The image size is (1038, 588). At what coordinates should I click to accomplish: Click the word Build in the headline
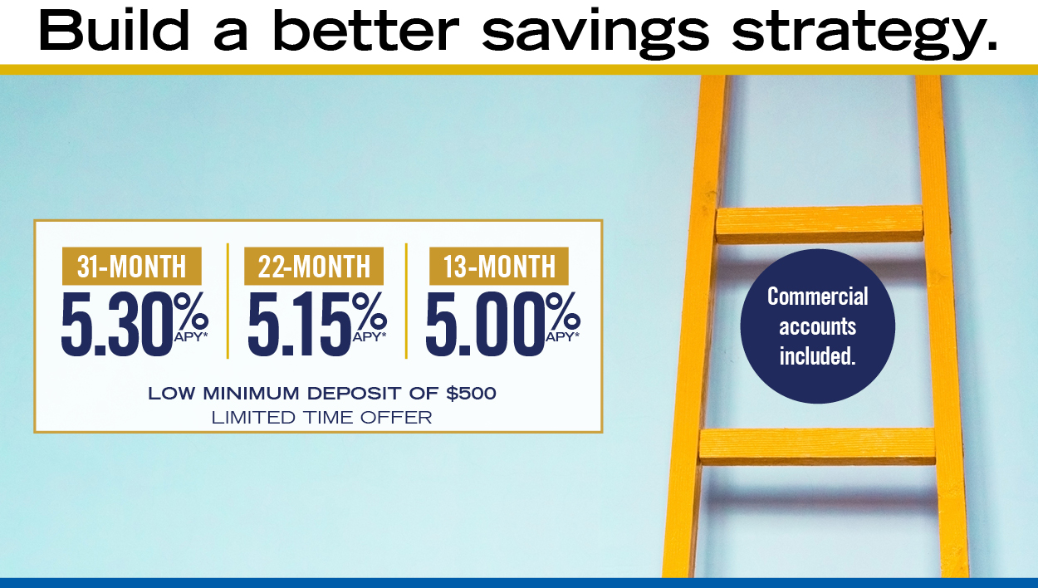tap(114, 29)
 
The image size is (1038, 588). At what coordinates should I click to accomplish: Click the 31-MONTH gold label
tap(131, 266)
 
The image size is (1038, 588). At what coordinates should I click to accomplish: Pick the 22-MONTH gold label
tap(314, 266)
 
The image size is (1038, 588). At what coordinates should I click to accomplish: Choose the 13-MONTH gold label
tap(499, 266)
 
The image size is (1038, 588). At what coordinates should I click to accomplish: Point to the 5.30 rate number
tap(118, 325)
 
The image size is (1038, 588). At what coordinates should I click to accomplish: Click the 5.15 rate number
tap(299, 325)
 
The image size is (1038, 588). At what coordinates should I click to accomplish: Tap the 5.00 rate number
tap(485, 325)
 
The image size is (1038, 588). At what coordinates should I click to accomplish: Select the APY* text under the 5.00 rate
tap(562, 337)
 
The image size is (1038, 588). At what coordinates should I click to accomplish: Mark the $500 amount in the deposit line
tap(471, 394)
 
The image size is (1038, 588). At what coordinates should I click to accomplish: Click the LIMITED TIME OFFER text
tap(321, 418)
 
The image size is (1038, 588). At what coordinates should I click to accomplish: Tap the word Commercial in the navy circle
tap(817, 296)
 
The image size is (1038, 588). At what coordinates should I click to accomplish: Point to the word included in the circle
tap(817, 355)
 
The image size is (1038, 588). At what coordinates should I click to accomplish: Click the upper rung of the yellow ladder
tap(820, 224)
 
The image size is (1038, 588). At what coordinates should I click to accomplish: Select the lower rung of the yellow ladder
tap(817, 446)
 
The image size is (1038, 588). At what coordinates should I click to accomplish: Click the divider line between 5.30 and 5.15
tap(228, 301)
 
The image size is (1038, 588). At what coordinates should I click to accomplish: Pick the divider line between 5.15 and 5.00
tap(406, 301)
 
